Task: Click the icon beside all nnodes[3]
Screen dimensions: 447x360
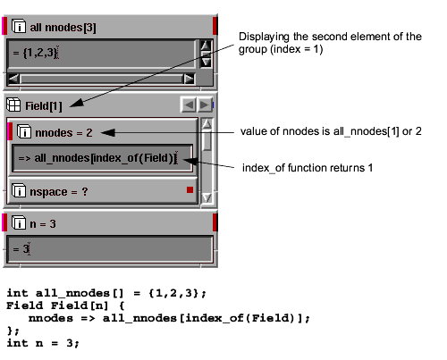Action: (19, 26)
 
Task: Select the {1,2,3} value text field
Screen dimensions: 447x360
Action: (101, 54)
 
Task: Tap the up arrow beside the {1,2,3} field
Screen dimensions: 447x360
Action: (206, 46)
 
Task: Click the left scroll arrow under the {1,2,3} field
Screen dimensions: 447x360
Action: (13, 80)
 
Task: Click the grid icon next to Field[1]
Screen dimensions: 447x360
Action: (13, 105)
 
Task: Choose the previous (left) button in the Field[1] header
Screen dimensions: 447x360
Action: (189, 105)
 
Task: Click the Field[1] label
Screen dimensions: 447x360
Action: (44, 106)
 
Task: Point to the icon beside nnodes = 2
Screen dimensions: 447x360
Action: (24, 131)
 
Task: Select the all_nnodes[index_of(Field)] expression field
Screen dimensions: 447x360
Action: (102, 158)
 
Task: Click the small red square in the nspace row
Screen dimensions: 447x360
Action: (190, 189)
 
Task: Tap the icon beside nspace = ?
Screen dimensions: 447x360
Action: (19, 190)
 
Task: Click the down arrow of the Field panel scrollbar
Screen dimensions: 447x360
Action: (207, 197)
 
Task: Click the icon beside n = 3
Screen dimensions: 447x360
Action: (19, 222)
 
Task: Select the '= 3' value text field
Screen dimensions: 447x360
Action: (110, 249)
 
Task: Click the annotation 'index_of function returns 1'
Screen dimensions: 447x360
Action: (308, 168)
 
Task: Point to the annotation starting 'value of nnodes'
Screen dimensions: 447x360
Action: (331, 131)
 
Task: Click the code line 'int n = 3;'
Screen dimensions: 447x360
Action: (43, 343)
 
